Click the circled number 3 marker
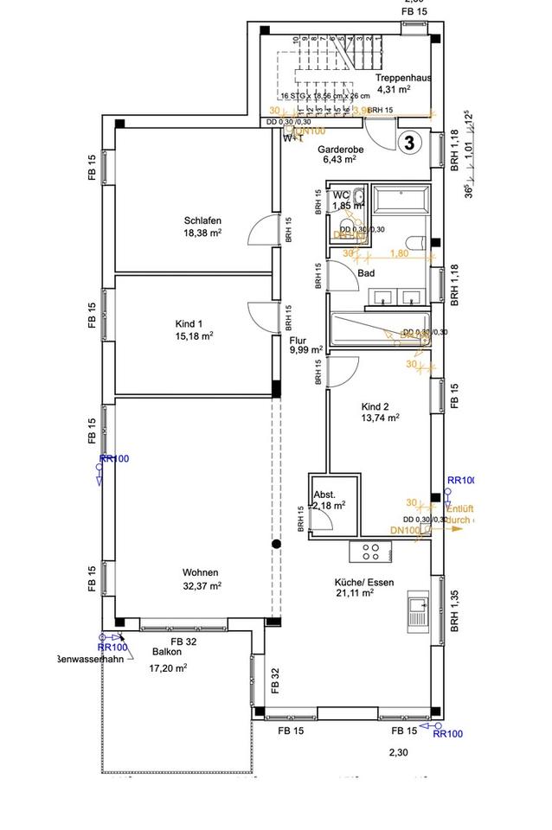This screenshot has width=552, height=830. (411, 143)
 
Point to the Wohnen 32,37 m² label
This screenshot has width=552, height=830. (200, 578)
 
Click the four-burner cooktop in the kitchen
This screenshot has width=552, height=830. (371, 551)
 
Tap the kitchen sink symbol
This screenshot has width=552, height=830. (419, 613)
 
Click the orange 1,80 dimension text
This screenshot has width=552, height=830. (399, 253)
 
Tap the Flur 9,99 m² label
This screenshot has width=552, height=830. (306, 346)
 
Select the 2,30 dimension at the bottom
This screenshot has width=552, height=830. (399, 753)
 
